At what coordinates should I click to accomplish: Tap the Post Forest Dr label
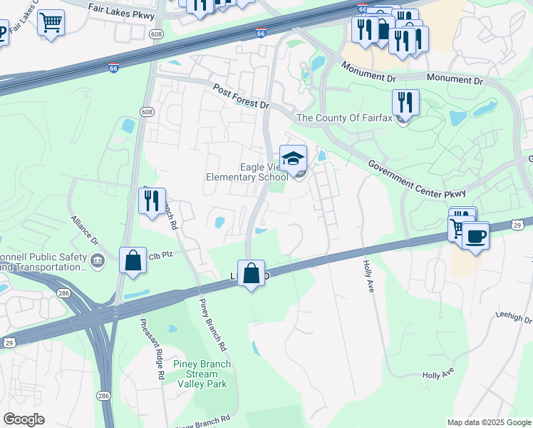(241, 96)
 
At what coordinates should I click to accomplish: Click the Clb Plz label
(162, 254)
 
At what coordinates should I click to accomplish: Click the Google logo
(24, 419)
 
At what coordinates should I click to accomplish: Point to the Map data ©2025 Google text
(488, 422)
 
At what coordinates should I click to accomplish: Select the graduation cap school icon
(292, 158)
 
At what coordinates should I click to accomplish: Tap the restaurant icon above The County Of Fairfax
(405, 101)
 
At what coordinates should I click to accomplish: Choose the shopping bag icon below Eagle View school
(251, 272)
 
